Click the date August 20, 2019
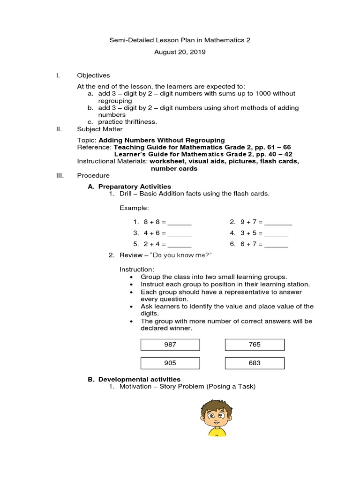coord(180,52)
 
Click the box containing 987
coord(170,345)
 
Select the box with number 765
coord(255,345)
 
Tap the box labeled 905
coord(170,363)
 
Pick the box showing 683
coord(255,363)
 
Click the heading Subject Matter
coord(100,129)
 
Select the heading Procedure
coord(93,175)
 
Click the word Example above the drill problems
coord(135,208)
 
